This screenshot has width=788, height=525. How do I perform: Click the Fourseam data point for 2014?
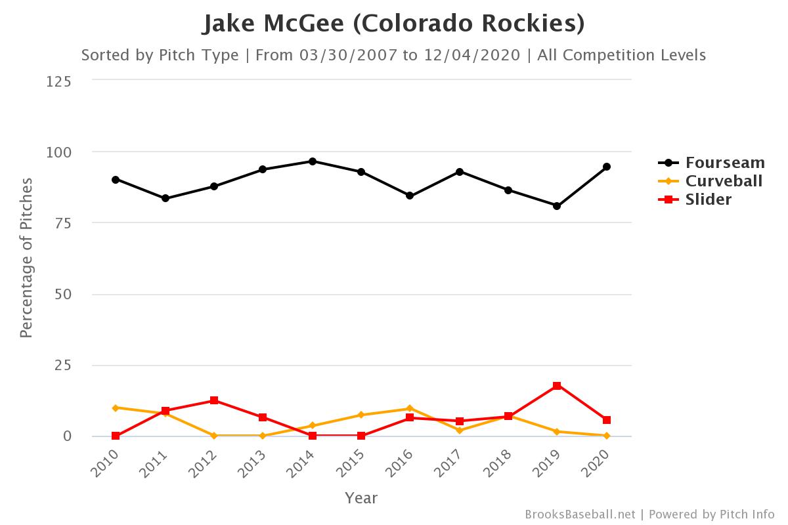(313, 161)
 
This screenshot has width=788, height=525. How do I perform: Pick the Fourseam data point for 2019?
(557, 206)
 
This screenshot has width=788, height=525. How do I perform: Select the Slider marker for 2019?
(557, 386)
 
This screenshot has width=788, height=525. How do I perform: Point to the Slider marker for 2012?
(214, 400)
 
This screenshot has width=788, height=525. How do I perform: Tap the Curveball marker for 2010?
(116, 408)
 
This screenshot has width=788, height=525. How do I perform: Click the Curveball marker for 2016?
(410, 408)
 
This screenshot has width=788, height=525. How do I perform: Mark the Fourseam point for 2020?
(607, 167)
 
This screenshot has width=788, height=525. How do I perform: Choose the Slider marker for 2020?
(607, 420)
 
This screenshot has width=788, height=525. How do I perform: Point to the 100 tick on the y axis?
(59, 152)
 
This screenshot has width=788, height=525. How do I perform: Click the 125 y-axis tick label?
(59, 81)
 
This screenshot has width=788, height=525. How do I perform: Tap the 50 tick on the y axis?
(63, 294)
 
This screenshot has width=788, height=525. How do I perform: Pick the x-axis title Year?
(361, 498)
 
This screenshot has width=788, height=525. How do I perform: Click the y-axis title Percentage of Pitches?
(26, 257)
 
